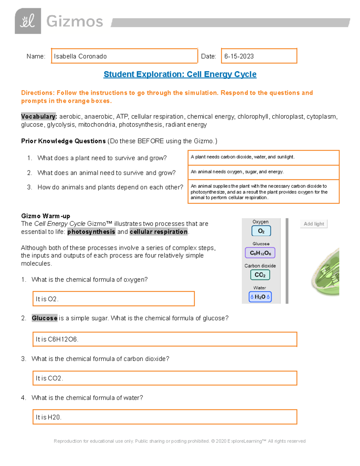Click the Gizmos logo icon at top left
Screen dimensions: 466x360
(x=28, y=21)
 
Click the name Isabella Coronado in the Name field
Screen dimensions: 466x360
(x=80, y=56)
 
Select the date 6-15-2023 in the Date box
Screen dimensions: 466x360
(x=239, y=56)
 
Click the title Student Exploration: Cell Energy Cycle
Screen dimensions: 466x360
(x=180, y=74)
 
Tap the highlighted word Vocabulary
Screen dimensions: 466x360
(x=39, y=116)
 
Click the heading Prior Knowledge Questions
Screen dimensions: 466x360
(x=63, y=141)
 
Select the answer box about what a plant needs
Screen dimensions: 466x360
(x=263, y=157)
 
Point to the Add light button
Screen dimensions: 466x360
(x=313, y=224)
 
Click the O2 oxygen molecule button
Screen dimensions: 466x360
(x=261, y=231)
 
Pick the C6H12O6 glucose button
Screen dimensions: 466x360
(x=260, y=253)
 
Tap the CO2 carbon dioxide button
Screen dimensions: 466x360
(x=260, y=275)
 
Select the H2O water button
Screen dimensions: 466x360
(x=260, y=297)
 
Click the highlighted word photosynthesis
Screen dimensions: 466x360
(x=91, y=232)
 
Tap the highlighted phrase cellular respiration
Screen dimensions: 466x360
(x=159, y=232)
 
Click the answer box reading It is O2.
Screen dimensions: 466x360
(x=113, y=299)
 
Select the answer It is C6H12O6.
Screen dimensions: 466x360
(x=164, y=339)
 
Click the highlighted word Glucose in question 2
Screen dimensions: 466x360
(x=44, y=318)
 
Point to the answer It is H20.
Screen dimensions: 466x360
(x=164, y=417)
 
